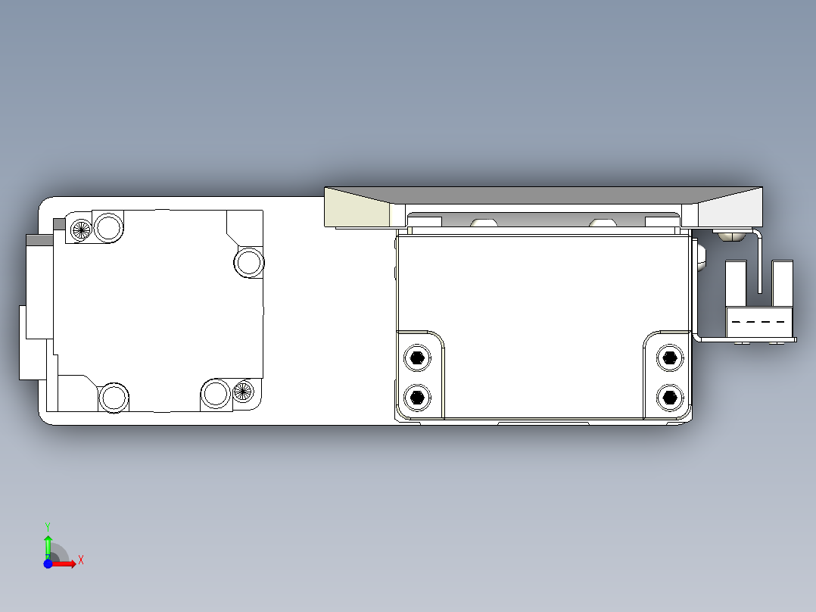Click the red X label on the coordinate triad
(x=81, y=560)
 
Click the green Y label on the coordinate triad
(x=48, y=525)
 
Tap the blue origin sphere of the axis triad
(x=48, y=564)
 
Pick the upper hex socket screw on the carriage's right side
(x=668, y=358)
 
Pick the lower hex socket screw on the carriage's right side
(x=668, y=395)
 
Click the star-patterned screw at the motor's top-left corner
(x=80, y=228)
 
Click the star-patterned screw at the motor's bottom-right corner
(x=242, y=391)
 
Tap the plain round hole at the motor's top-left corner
(x=108, y=226)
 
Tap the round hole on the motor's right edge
(x=248, y=262)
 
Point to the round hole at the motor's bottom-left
(x=114, y=397)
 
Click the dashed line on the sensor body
(x=759, y=322)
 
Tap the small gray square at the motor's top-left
(x=59, y=224)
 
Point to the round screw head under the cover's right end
(x=728, y=236)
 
